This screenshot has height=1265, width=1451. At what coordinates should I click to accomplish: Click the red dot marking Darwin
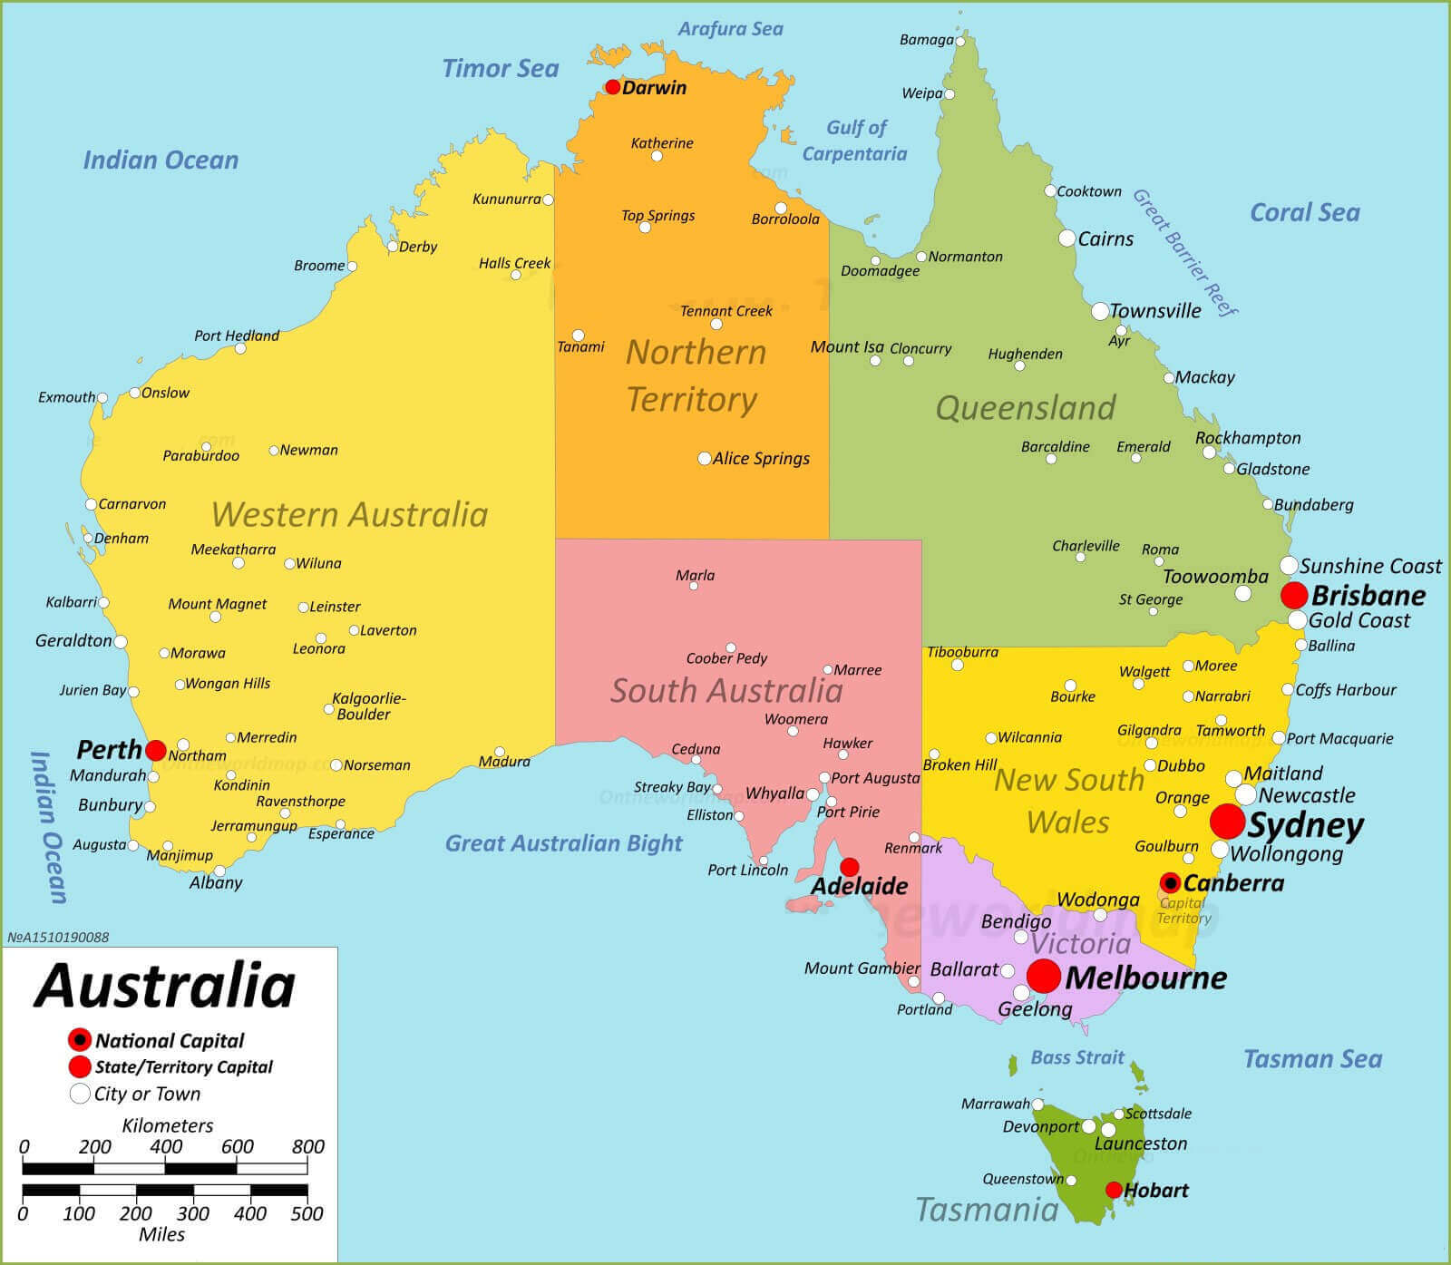tap(613, 87)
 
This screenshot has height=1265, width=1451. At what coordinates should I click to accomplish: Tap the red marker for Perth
tap(156, 750)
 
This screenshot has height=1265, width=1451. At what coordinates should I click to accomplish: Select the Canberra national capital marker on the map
tap(1171, 882)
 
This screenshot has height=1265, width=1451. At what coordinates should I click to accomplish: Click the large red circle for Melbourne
tap(1044, 977)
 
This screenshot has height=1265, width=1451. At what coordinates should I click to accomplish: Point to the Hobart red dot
tap(1114, 1190)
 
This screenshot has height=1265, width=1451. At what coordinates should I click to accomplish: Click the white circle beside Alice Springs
tap(705, 458)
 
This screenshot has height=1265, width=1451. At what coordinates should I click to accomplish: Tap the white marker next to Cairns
tap(1067, 238)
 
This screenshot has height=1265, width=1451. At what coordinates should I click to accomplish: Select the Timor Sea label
tap(500, 68)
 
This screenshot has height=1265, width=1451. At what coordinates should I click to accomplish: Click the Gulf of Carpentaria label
tap(855, 141)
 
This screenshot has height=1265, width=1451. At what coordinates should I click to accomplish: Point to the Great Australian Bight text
tap(563, 843)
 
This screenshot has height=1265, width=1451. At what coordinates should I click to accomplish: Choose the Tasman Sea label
tap(1312, 1058)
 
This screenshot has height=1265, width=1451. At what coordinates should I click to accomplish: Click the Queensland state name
tap(1025, 408)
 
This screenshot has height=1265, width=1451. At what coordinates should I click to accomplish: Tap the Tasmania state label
tap(987, 1209)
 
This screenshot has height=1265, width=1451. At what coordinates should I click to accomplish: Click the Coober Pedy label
tap(726, 658)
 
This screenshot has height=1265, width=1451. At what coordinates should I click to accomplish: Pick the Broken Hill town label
tap(959, 764)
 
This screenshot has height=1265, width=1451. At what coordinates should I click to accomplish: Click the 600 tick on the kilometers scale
tap(237, 1147)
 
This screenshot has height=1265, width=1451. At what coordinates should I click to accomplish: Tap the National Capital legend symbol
tap(80, 1039)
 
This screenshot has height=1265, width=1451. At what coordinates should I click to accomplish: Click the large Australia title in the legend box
tap(165, 986)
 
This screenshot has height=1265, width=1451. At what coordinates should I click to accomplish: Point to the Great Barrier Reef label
tap(1184, 253)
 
